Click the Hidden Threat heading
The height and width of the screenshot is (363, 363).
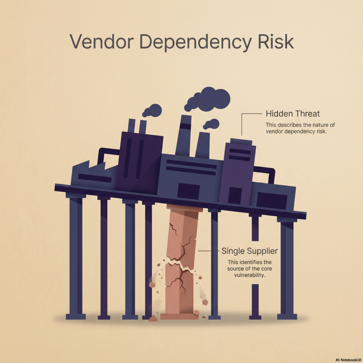click(x=292, y=114)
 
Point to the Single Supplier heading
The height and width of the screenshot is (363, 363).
click(x=250, y=251)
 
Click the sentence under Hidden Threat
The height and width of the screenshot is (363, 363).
click(x=300, y=128)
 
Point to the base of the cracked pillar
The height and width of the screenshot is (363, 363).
click(x=179, y=316)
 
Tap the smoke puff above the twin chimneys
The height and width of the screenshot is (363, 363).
click(x=152, y=111)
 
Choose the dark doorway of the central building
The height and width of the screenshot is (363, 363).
click(x=188, y=191)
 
